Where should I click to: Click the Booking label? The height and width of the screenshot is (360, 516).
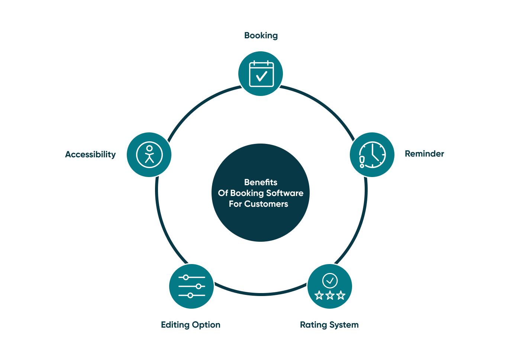pyautogui.click(x=261, y=35)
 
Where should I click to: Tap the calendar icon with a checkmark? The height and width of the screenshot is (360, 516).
pyautogui.click(x=261, y=74)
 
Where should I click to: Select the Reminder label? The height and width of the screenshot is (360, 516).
pyautogui.click(x=424, y=154)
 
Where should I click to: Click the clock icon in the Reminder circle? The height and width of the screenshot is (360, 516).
pyautogui.click(x=373, y=154)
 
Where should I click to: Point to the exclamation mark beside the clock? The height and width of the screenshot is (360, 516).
pyautogui.click(x=362, y=161)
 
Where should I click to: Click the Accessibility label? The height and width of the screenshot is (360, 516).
pyautogui.click(x=90, y=154)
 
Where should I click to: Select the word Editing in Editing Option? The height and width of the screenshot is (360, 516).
pyautogui.click(x=175, y=325)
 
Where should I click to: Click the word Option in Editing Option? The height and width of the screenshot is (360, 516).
pyautogui.click(x=206, y=325)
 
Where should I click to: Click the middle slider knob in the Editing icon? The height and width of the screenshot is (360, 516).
pyautogui.click(x=199, y=286)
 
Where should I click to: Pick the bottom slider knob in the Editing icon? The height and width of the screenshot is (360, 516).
pyautogui.click(x=190, y=295)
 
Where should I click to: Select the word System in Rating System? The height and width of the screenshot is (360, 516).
pyautogui.click(x=344, y=325)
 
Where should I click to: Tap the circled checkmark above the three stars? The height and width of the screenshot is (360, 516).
pyautogui.click(x=330, y=281)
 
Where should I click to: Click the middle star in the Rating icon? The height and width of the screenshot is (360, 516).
pyautogui.click(x=330, y=296)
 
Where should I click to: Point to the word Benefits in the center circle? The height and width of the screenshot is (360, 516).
pyautogui.click(x=261, y=182)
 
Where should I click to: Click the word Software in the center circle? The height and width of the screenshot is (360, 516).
pyautogui.click(x=285, y=193)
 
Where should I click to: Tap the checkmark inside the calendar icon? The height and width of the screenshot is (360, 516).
pyautogui.click(x=262, y=76)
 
